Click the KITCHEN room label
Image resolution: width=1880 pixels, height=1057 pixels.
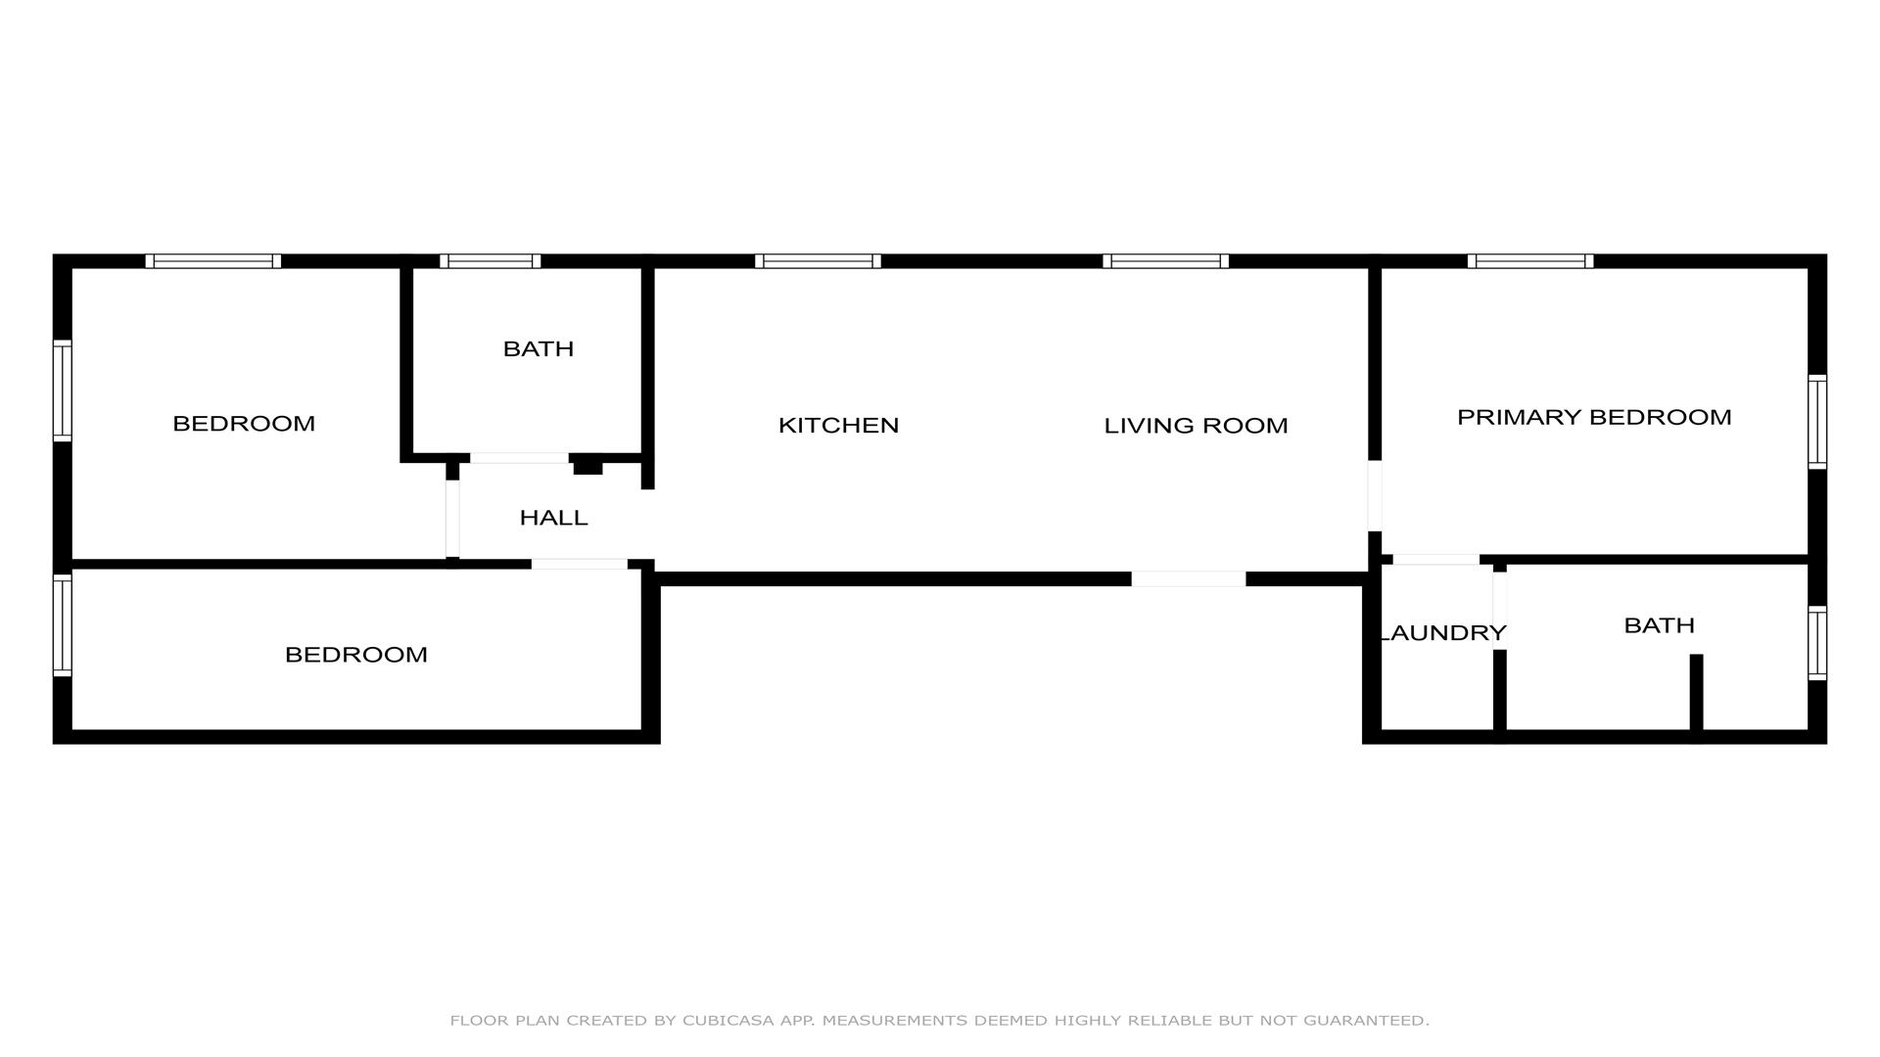click(x=838, y=425)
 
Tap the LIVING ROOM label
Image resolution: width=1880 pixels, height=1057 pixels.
click(x=1196, y=426)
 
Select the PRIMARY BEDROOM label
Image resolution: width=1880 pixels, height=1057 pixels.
click(x=1594, y=417)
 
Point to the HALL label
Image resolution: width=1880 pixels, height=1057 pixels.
click(x=553, y=518)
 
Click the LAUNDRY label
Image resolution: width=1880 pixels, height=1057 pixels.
click(x=1442, y=633)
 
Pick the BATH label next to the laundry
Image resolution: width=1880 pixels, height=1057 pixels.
click(x=1659, y=625)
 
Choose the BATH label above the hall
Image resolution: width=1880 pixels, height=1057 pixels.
click(x=538, y=348)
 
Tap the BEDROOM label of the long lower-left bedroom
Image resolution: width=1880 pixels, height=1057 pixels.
click(x=356, y=655)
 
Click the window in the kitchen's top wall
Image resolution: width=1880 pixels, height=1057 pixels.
click(x=818, y=261)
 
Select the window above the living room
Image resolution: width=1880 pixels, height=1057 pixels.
click(x=1165, y=261)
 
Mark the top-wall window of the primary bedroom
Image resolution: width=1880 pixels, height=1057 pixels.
click(x=1530, y=261)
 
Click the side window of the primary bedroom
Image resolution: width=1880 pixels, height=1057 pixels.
click(x=1817, y=422)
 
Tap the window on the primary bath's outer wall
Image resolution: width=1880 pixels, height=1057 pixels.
click(x=1817, y=643)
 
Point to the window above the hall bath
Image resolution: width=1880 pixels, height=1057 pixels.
click(x=490, y=261)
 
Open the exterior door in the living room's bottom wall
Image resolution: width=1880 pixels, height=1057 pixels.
click(x=1189, y=578)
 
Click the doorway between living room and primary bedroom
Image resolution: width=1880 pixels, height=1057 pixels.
click(x=1375, y=495)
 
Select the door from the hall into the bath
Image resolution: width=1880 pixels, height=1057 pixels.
click(x=519, y=458)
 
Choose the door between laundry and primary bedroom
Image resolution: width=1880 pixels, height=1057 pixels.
click(x=1436, y=560)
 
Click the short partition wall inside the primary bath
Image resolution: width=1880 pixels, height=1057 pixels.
click(x=1697, y=692)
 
